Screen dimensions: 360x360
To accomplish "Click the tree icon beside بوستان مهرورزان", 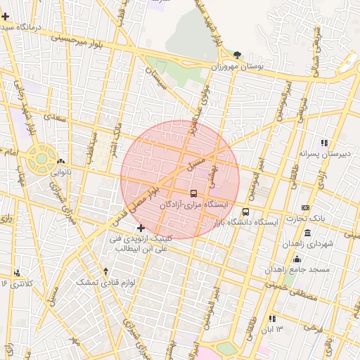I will click(237, 54).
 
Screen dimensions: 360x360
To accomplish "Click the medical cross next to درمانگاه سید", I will click(6, 15).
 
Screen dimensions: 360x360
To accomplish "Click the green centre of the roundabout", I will click(41, 158).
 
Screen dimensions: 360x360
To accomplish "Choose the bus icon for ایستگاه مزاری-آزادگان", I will click(193, 193).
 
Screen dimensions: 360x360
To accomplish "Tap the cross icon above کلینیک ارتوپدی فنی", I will click(141, 228).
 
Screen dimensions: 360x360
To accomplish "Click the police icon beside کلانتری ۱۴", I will click(17, 271).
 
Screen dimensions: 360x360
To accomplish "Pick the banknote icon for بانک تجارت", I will click(304, 207).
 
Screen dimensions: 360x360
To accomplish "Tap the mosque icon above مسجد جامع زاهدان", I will click(307, 232).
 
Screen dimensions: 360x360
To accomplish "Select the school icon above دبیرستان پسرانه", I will click(324, 142).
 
